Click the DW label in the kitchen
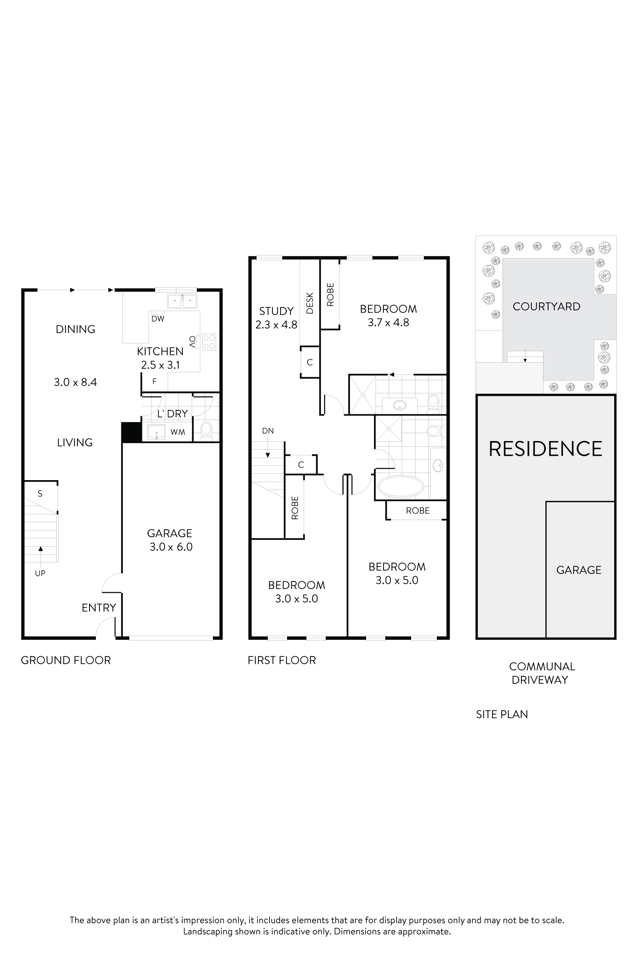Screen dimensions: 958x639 (158, 319)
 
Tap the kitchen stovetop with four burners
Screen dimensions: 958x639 (209, 342)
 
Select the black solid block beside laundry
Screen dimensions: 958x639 (131, 432)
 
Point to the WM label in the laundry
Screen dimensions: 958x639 (178, 432)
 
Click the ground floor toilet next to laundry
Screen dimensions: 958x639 (207, 429)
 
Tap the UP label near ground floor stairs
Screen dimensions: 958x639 (40, 574)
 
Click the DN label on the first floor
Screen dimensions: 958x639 (268, 431)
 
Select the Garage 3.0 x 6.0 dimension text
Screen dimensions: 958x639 (171, 547)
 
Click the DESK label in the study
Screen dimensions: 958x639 (310, 303)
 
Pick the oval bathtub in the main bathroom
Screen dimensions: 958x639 (401, 487)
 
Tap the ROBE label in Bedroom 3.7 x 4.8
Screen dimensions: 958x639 (330, 295)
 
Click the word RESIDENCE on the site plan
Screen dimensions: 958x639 (545, 449)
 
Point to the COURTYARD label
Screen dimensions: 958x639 (546, 307)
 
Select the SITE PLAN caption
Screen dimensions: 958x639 (502, 715)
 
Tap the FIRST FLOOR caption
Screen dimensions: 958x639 (282, 660)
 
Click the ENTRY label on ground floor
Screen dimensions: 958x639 (98, 608)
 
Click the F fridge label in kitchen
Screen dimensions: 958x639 (154, 382)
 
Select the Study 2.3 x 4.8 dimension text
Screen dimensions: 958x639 (276, 325)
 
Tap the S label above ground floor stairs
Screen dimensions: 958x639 (40, 494)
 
